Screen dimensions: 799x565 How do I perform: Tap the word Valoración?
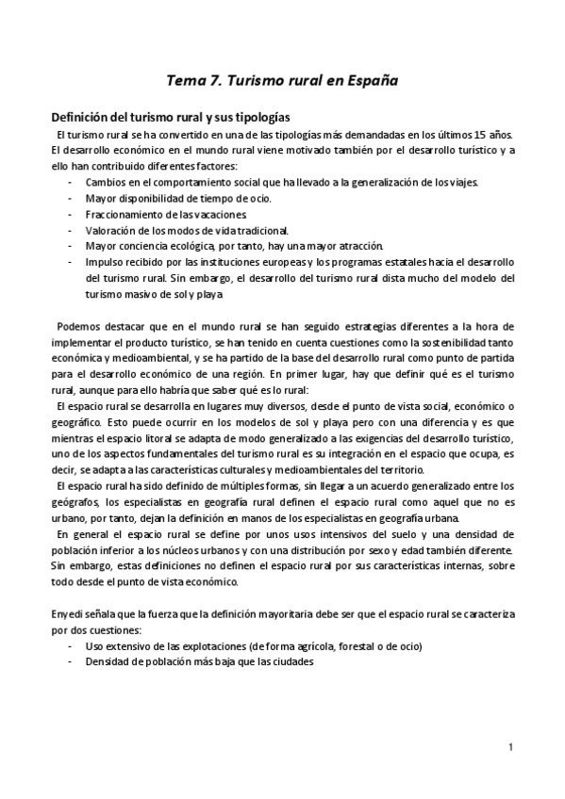point(109,230)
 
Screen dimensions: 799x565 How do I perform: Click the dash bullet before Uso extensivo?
point(71,646)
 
